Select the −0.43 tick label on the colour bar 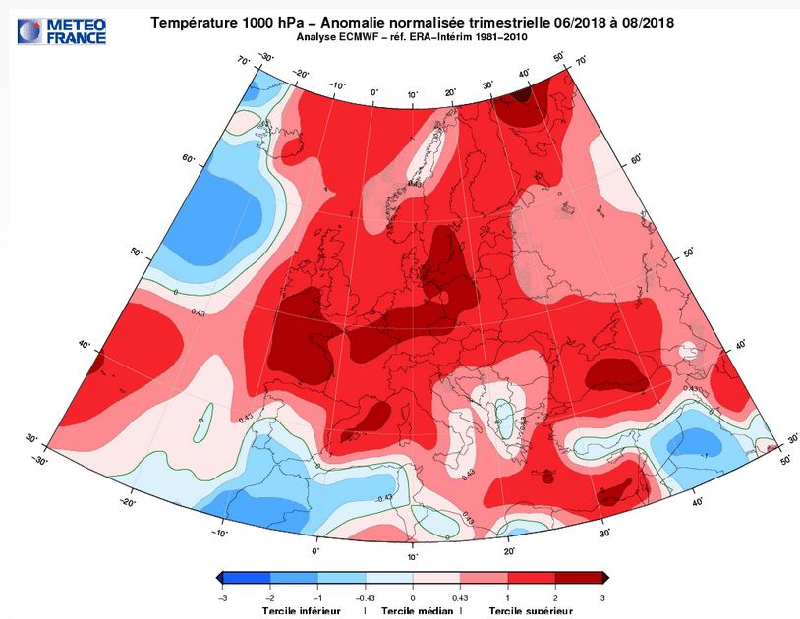[365, 596]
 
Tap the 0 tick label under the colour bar [413, 596]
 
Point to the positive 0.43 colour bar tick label [459, 596]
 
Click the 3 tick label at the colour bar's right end [601, 596]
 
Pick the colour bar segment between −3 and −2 [247, 578]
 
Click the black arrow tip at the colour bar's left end [218, 578]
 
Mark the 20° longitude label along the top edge [450, 92]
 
